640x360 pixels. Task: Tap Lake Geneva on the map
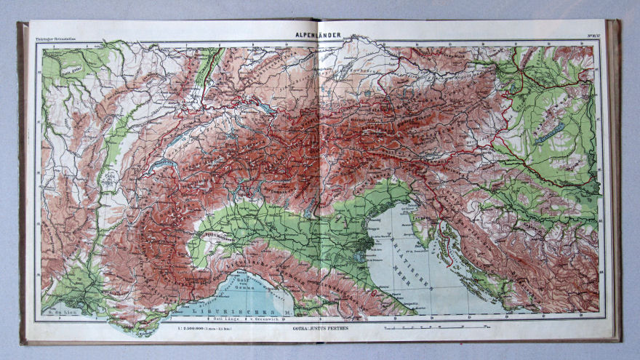tap(161, 167)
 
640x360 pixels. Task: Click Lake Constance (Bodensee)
tap(268, 108)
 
